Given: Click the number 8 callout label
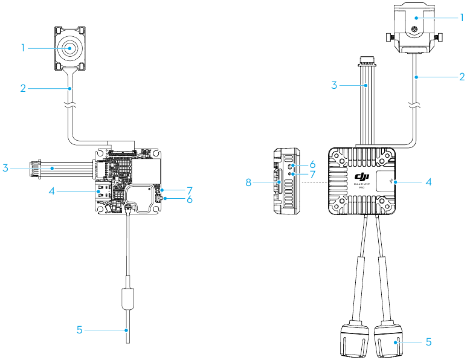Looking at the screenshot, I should coord(249,181).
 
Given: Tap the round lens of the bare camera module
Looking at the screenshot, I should coord(71,48).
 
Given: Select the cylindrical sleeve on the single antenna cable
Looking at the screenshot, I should coord(128,298).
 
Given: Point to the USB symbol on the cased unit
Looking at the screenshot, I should coord(394,180).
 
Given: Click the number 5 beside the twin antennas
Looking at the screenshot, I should coord(428,342).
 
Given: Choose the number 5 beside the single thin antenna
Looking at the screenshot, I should coord(79,330).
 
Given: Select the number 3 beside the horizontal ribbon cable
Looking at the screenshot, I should coord(5,167).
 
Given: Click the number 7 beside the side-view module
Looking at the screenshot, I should coord(312,173).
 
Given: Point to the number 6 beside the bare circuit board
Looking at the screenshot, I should coord(190,199).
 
